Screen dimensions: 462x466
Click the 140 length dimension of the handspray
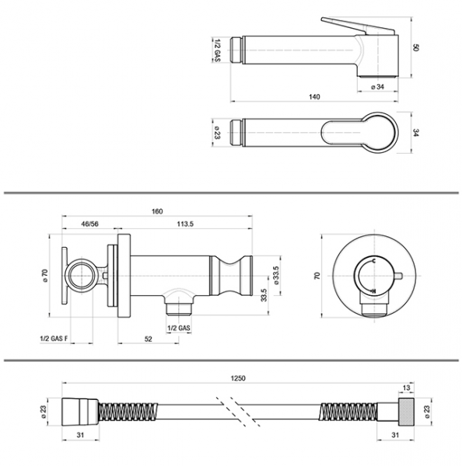(315, 97)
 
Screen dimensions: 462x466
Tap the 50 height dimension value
(416, 47)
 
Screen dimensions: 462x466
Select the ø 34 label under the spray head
(377, 87)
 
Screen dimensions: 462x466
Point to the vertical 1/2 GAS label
(217, 50)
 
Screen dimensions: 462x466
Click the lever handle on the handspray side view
(358, 26)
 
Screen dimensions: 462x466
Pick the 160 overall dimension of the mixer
(157, 211)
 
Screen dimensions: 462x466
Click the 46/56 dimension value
(90, 224)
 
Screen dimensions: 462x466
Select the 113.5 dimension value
(185, 224)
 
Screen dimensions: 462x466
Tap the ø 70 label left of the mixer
(45, 276)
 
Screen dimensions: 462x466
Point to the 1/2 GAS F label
(54, 338)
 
